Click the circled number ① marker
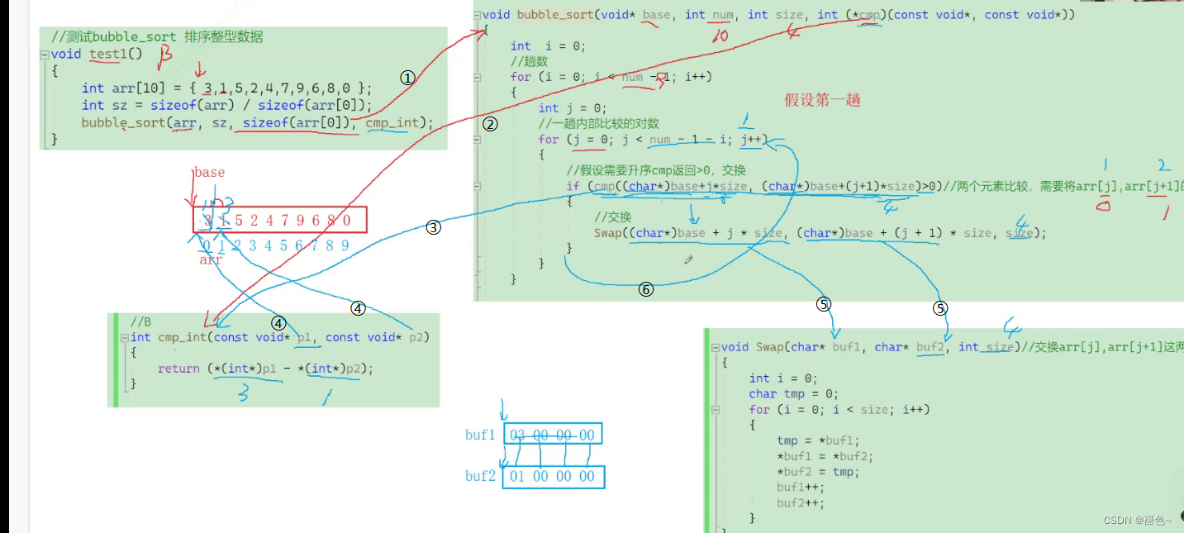coord(407,77)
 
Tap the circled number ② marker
coord(490,125)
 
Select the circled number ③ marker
coord(434,228)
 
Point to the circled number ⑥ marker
coord(646,289)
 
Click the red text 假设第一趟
coord(822,100)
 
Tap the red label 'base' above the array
coord(209,172)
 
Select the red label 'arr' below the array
coord(211,259)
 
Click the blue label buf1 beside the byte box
coord(480,435)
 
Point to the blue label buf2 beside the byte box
coord(480,476)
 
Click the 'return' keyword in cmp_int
coord(178,369)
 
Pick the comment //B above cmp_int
coord(140,321)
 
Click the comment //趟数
coord(529,61)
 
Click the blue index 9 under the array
coord(345,245)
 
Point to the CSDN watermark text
coord(1137,520)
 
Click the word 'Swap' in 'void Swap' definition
coord(768,347)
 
